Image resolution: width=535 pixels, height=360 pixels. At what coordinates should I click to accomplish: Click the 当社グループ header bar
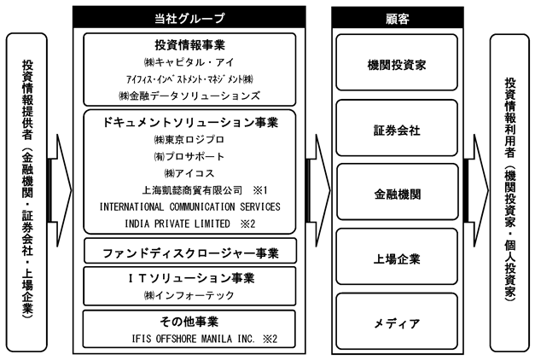click(189, 17)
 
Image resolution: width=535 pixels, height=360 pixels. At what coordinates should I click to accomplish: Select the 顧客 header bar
click(398, 17)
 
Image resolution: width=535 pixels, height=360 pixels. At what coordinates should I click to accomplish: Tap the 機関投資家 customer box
click(397, 62)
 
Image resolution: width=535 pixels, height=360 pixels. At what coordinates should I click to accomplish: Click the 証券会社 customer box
click(397, 128)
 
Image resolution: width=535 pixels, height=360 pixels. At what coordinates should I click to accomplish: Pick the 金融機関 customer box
click(397, 192)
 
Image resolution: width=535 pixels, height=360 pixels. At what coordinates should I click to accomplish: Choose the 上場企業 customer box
click(397, 257)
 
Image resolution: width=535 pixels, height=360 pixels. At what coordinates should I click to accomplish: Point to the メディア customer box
click(397, 321)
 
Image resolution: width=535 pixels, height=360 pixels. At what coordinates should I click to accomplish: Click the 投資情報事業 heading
click(189, 45)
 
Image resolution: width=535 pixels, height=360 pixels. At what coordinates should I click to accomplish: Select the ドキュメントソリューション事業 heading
click(190, 123)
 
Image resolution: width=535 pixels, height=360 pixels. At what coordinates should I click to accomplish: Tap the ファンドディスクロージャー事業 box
click(190, 251)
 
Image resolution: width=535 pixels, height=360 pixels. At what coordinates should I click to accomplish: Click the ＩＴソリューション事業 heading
click(191, 278)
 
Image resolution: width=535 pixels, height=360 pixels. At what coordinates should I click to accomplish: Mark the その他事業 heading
click(189, 321)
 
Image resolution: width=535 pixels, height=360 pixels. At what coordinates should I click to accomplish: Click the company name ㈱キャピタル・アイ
click(189, 62)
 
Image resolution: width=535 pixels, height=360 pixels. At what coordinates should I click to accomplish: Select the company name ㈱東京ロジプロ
click(189, 140)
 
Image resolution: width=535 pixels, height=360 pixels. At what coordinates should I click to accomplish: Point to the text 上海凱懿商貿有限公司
click(192, 190)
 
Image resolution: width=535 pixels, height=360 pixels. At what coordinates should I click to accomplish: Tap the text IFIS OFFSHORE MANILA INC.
click(193, 339)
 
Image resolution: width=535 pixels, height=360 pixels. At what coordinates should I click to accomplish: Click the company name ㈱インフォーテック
click(189, 295)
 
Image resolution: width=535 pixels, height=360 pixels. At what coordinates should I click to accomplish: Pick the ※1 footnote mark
click(260, 190)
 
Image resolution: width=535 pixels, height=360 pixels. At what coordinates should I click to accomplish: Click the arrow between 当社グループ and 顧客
click(318, 190)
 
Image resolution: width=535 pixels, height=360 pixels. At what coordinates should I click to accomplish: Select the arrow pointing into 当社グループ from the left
click(60, 190)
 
